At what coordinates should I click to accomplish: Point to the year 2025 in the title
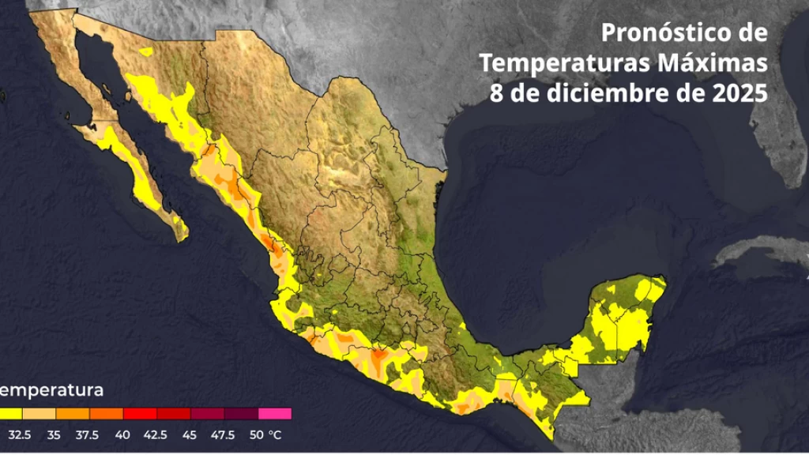point(738,92)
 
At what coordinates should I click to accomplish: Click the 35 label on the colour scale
point(55,434)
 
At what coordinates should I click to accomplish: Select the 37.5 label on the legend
point(88,434)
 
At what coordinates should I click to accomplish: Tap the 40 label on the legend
point(122,434)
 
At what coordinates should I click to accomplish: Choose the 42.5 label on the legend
point(156,434)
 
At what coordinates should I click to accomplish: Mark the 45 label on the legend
point(190,434)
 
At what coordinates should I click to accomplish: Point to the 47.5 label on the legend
point(223,434)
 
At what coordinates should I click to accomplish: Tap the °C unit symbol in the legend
point(274,434)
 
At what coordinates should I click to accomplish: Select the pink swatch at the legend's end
point(275,413)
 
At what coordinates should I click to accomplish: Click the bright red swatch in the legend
point(140,413)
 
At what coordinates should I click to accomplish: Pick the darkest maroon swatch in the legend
point(241,413)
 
